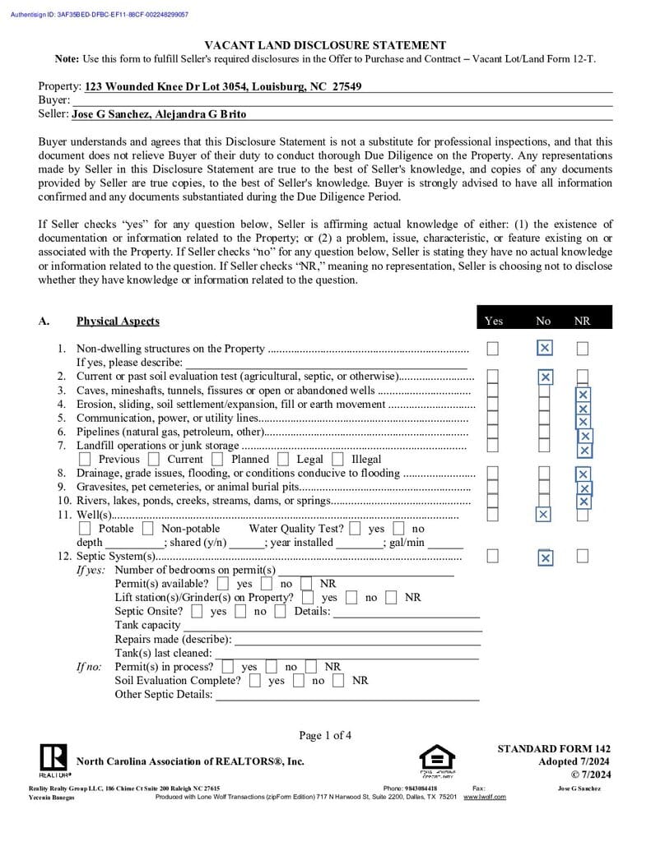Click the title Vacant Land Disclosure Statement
coord(325,46)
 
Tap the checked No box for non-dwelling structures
coord(544,349)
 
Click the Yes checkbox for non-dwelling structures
coord(492,349)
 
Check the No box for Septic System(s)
coord(545,558)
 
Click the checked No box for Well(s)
coord(542,515)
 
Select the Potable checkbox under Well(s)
coord(85,528)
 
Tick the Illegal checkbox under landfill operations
coord(338,459)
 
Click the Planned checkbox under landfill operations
coord(218,459)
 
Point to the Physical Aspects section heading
coord(118,322)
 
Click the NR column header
coord(582,321)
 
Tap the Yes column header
coord(494,321)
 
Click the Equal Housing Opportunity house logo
coord(436,757)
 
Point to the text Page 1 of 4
coord(325,735)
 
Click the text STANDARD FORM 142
coord(554,748)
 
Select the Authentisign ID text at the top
coord(99,15)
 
